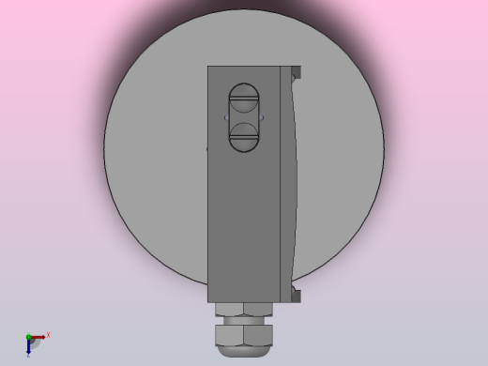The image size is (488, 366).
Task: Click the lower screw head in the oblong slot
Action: [245, 137]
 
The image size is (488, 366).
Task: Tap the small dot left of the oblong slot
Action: [225, 117]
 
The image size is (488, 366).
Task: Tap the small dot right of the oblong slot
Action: [264, 117]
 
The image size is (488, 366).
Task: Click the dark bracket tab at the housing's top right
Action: [297, 71]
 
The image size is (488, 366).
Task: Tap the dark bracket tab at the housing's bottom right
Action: [297, 295]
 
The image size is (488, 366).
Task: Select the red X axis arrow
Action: [39, 336]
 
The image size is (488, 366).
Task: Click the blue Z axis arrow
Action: [29, 346]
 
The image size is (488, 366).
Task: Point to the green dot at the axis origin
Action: [28, 337]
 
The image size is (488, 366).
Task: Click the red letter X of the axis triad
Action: [48, 334]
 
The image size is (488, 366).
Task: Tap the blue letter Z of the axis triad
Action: [28, 356]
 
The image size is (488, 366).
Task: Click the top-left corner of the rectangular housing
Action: [208, 67]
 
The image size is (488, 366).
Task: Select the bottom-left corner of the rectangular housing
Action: [208, 300]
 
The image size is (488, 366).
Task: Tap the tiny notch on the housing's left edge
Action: [207, 147]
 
